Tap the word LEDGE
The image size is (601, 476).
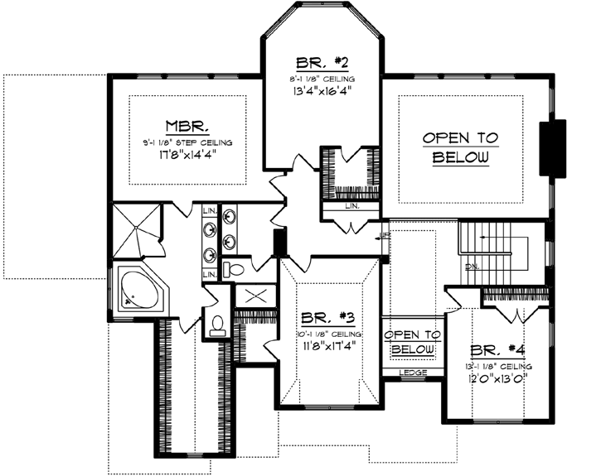point(413,373)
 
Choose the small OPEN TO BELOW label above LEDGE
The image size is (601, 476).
point(413,342)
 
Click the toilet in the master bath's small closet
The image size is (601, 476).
point(218,323)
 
